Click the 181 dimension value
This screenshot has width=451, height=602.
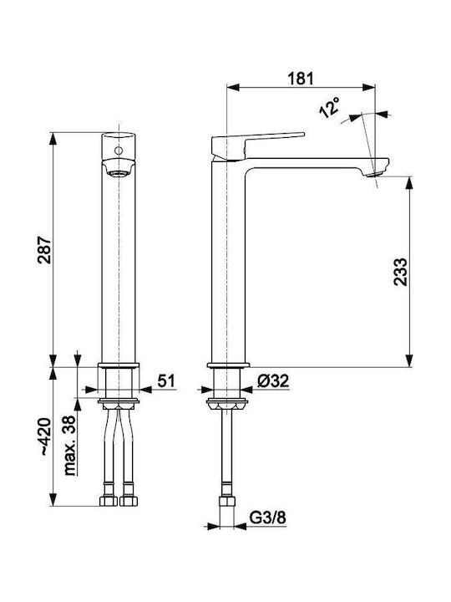[301, 79]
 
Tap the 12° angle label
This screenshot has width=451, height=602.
[329, 107]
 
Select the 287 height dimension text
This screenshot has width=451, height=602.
[44, 249]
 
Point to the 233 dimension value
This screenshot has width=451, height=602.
[400, 272]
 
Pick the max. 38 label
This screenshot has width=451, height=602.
[69, 446]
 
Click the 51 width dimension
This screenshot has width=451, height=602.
[166, 381]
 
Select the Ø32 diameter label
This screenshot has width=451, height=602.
[273, 381]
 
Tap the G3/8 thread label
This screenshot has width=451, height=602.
[268, 518]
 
